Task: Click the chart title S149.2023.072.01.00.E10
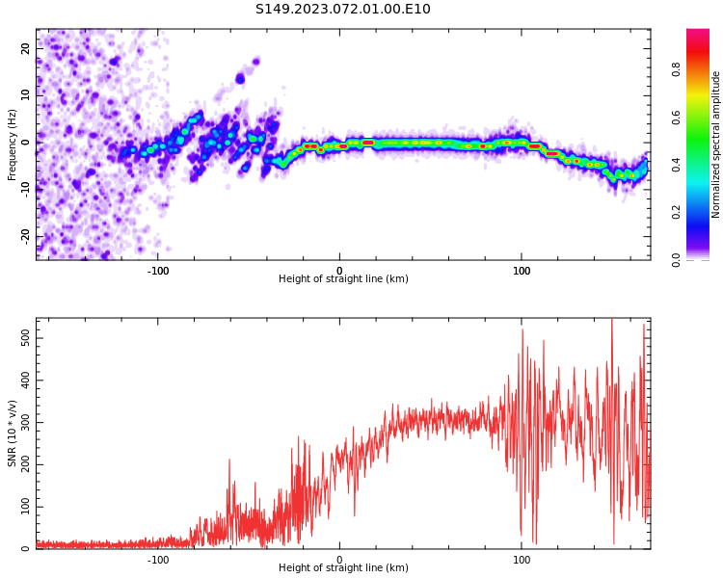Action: coord(342,10)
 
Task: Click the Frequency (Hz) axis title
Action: coord(13,144)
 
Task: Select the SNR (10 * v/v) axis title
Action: coord(13,433)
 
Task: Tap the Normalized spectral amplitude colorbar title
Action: coord(716,144)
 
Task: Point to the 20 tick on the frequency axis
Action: coord(26,48)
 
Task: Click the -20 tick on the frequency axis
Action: coord(26,236)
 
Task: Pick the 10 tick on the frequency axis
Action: coord(26,95)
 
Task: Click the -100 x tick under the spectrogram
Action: coord(158,270)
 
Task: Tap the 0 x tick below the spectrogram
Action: coord(339,270)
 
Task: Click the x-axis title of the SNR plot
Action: coord(343,568)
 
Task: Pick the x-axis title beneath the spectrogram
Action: coord(343,279)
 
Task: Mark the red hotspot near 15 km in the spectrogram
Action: coord(367,143)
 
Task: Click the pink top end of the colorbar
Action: coord(698,35)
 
